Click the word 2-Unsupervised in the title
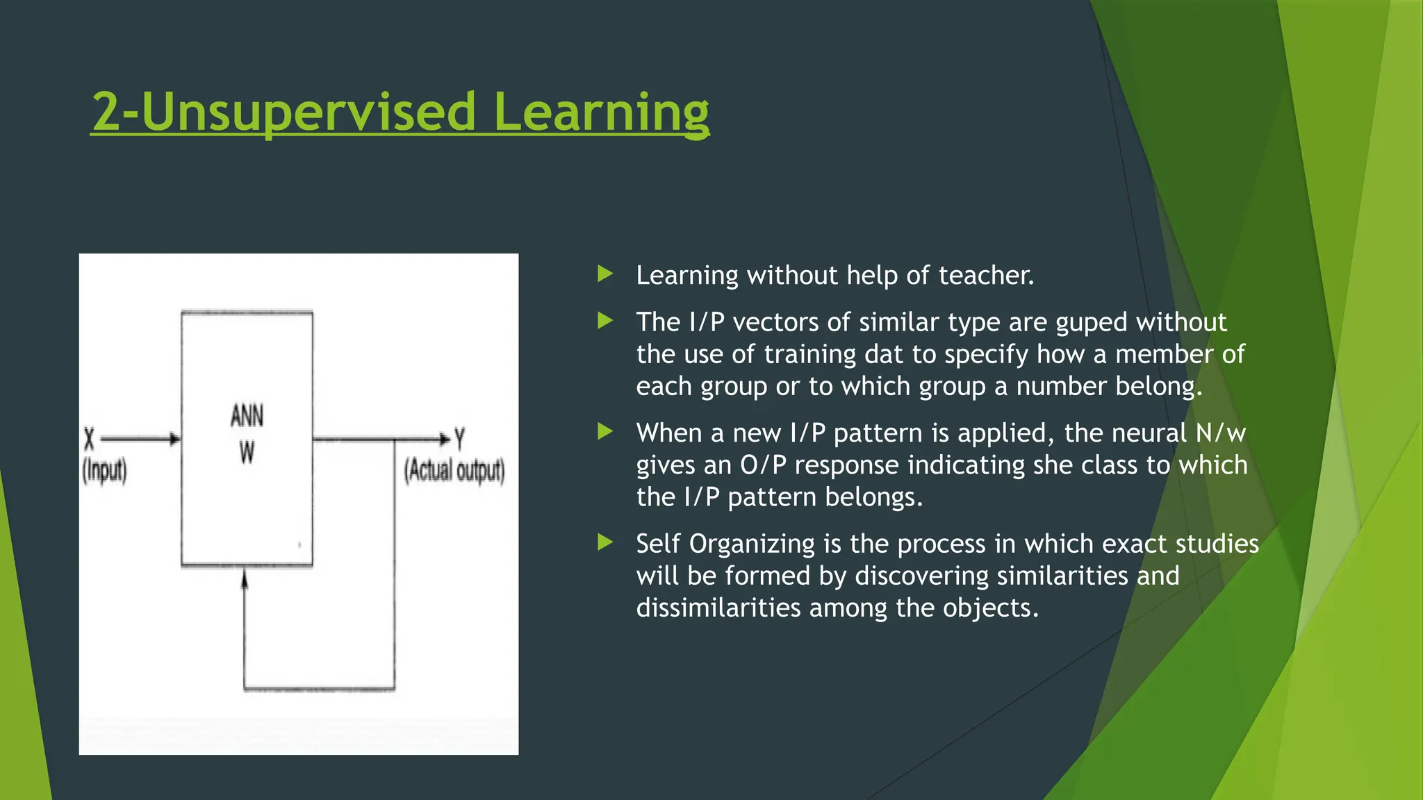click(283, 112)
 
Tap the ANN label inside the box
click(247, 417)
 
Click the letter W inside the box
click(247, 453)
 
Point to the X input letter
click(89, 439)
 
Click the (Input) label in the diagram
click(105, 471)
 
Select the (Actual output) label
click(454, 470)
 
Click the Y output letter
click(459, 439)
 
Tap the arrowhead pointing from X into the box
click(175, 439)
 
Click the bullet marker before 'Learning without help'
click(605, 274)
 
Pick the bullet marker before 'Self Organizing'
click(605, 542)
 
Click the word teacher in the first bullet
click(986, 276)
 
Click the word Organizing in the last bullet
click(751, 544)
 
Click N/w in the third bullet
click(1220, 433)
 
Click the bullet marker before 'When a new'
click(605, 432)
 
